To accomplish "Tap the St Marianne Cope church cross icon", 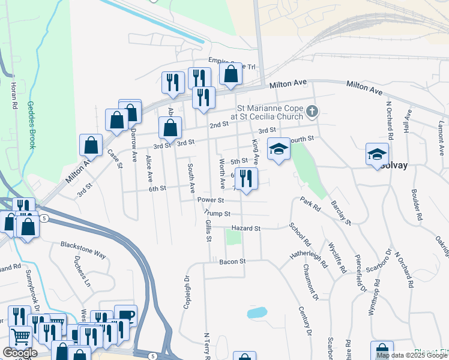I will coord(312,111).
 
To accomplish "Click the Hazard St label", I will coord(247,229).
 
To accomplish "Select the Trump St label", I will coord(217,213).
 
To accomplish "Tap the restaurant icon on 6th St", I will coord(246,178).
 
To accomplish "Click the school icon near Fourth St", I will coord(279,148).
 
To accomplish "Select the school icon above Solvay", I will coord(378,154).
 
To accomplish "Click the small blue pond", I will coord(257,313).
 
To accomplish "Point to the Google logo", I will coord(20,353).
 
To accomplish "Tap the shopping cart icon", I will coord(21,337).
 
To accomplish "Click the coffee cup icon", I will coord(126,315).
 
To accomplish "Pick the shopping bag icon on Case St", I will coord(91,145).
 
